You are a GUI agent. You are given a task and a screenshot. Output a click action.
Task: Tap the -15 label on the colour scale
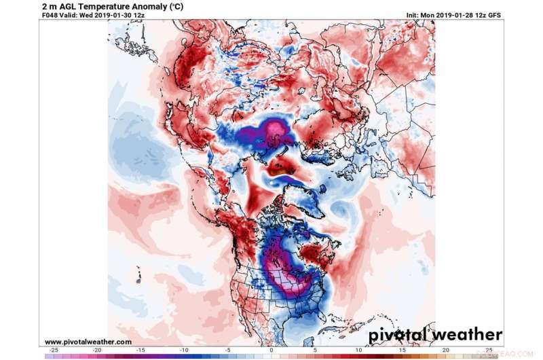point(141,350)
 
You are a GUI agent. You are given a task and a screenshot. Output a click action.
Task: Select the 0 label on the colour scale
point(271,350)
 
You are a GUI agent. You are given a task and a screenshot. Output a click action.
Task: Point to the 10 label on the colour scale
point(358,350)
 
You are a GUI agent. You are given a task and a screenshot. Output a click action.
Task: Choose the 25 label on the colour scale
point(487,350)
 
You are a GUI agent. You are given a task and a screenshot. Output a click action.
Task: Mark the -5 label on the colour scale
point(227,350)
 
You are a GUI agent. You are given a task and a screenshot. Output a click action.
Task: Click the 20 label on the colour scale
point(444,350)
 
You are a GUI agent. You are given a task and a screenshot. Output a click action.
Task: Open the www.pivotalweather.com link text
point(88,342)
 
